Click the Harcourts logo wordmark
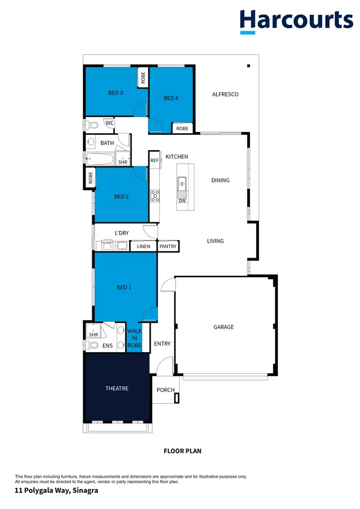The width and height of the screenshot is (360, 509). [296, 20]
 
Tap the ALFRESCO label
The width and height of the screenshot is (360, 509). [225, 95]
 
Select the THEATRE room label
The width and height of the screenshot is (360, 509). [117, 389]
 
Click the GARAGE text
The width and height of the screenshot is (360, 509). [224, 327]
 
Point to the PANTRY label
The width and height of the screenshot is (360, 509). [168, 247]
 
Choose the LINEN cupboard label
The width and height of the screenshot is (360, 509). [144, 247]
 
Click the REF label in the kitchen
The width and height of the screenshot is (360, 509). [154, 161]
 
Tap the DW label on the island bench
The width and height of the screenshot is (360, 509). [182, 201]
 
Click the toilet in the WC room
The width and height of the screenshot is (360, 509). [92, 125]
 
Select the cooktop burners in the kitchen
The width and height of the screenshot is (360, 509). [155, 195]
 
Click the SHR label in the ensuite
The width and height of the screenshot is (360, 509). [94, 334]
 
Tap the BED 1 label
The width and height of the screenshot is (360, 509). [124, 287]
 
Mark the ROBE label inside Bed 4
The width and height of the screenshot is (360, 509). [182, 129]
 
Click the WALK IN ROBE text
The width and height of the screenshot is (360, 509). [134, 338]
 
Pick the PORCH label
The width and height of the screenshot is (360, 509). [166, 390]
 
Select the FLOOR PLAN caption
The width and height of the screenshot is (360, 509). [182, 451]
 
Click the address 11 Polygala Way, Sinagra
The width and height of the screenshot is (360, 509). [57, 491]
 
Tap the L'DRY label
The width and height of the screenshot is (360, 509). [121, 233]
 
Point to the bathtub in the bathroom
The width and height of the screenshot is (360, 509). [100, 159]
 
